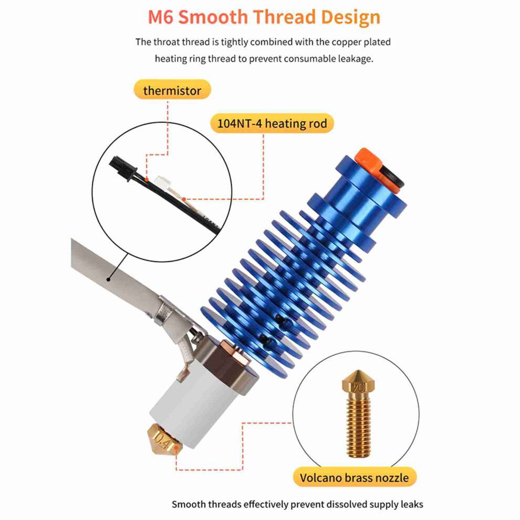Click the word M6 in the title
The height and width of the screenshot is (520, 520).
[x=161, y=17]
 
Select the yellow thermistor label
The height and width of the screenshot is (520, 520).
[x=172, y=90]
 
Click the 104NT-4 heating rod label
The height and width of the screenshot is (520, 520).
[x=272, y=123]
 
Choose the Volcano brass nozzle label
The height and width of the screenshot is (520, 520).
[x=354, y=477]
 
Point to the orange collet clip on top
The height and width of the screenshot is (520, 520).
[x=368, y=160]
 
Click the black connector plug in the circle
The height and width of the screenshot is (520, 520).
[x=123, y=169]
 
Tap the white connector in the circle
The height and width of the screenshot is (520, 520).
[x=163, y=183]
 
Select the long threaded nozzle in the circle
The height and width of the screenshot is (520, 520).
[x=359, y=414]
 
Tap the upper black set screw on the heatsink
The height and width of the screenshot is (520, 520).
[x=282, y=320]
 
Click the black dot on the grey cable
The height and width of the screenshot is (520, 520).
[x=108, y=279]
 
